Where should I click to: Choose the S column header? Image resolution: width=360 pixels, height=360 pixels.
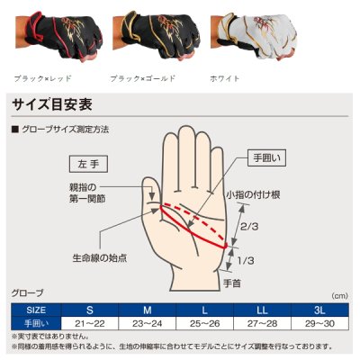point(90,309)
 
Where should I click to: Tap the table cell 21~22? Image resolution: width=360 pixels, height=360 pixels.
point(90,322)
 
